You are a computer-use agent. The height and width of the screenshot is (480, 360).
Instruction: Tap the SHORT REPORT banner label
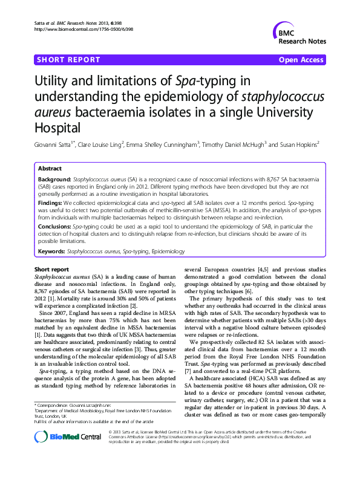[68, 60]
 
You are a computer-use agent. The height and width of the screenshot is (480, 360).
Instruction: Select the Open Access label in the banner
[301, 60]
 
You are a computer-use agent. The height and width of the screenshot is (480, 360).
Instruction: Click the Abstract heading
[50, 169]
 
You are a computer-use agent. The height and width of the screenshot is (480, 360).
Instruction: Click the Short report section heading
[51, 269]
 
